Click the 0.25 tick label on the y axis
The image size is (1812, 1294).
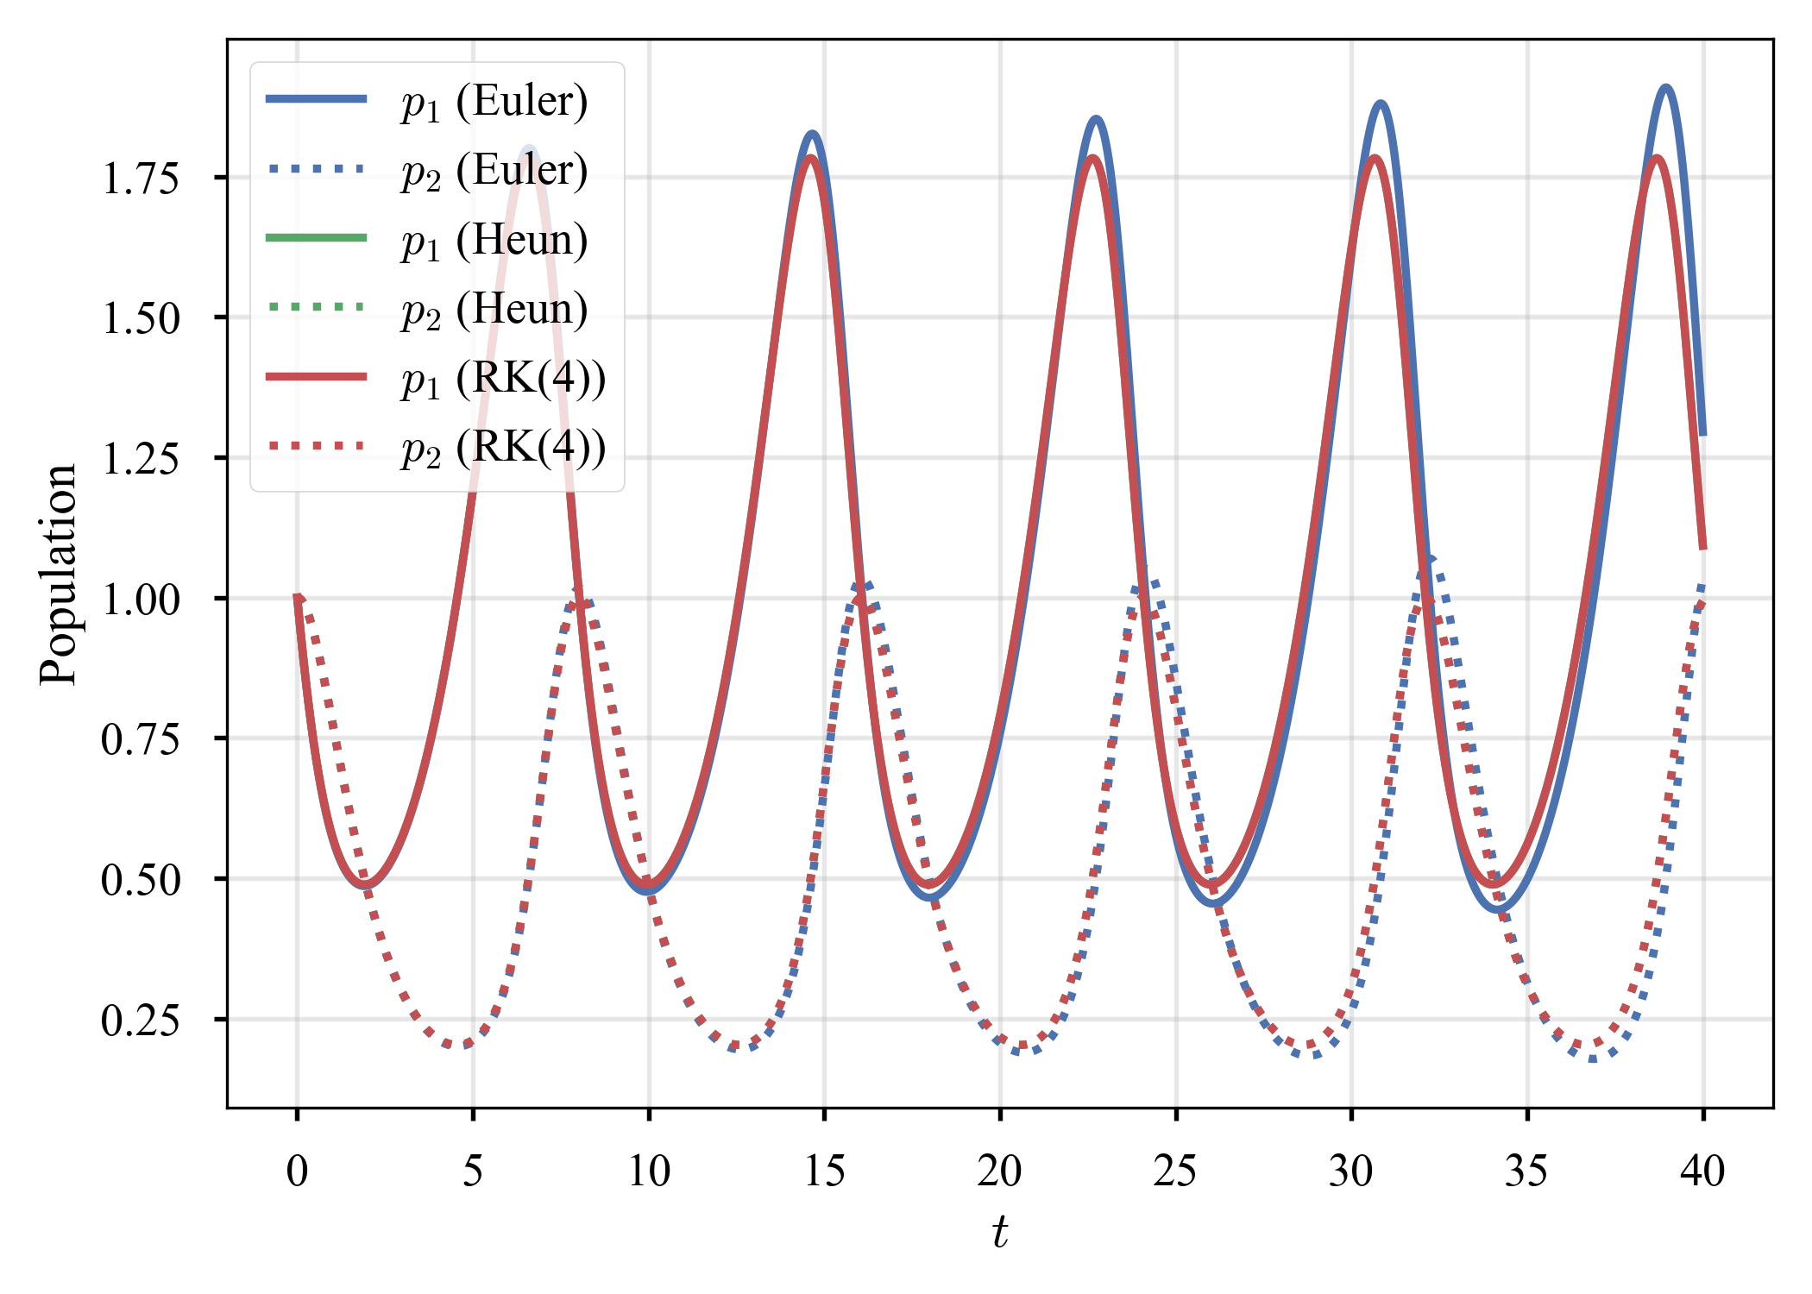tap(140, 1021)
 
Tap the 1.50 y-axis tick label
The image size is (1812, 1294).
tap(140, 318)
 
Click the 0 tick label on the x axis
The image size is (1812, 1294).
tap(297, 1171)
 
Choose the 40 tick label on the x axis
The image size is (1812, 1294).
tap(1702, 1171)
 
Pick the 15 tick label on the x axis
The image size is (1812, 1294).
tap(824, 1171)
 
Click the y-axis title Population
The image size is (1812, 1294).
tap(59, 574)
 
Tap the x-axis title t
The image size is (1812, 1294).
tap(999, 1231)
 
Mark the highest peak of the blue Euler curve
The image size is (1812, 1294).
tap(1665, 88)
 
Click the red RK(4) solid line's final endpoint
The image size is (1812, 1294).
tap(1703, 548)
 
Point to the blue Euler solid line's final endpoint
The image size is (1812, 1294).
tap(1703, 434)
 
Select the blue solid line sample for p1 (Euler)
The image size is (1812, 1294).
tap(317, 99)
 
